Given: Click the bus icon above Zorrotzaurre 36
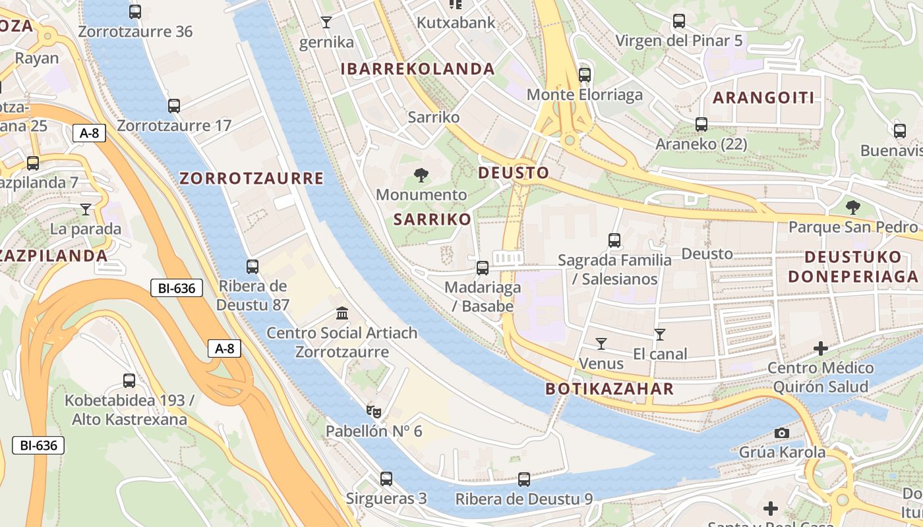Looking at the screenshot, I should tap(135, 11).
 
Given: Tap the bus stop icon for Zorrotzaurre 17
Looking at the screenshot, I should tap(174, 105).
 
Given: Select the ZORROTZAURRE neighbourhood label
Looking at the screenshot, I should tap(251, 179).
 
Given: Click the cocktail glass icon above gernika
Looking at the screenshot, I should tap(326, 22).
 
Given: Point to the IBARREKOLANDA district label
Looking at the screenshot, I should tap(417, 69).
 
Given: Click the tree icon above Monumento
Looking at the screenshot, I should tap(421, 175).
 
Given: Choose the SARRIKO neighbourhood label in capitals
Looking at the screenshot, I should tap(432, 220).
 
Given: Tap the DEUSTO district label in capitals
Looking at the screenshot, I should tap(513, 173).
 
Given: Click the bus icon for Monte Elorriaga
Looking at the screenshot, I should tap(585, 74).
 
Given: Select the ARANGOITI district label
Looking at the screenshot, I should tap(763, 98).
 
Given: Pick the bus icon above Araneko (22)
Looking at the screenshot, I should tap(701, 124).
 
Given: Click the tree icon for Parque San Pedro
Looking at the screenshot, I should tap(853, 208).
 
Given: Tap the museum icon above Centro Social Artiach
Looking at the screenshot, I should tap(342, 313).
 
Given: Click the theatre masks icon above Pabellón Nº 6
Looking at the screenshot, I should tap(374, 412).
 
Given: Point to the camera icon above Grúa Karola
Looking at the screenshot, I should tap(782, 433).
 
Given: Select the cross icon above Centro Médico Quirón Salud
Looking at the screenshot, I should tap(821, 348).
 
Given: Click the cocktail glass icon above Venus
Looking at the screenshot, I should tap(601, 343).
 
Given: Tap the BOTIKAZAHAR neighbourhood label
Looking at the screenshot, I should tap(610, 389).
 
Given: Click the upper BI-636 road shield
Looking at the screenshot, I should tap(176, 288).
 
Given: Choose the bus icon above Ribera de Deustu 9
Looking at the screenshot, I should tap(524, 480).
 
